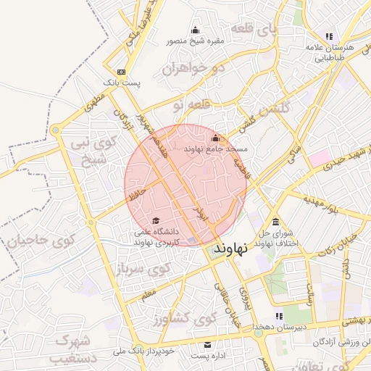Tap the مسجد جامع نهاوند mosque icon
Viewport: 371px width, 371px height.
pyautogui.click(x=214, y=138)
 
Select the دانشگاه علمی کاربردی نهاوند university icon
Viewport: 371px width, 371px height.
pyautogui.click(x=155, y=221)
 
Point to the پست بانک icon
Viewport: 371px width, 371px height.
pyautogui.click(x=121, y=72)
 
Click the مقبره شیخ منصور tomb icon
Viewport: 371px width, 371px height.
pyautogui.click(x=194, y=30)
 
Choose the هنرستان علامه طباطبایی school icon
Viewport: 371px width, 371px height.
pyautogui.click(x=329, y=36)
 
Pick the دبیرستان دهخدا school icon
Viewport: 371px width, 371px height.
pyautogui.click(x=278, y=316)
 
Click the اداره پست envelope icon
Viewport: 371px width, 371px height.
pyautogui.click(x=208, y=345)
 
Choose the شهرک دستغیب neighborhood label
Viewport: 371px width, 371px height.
pyautogui.click(x=72, y=347)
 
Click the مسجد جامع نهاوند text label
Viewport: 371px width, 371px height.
pyautogui.click(x=216, y=149)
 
